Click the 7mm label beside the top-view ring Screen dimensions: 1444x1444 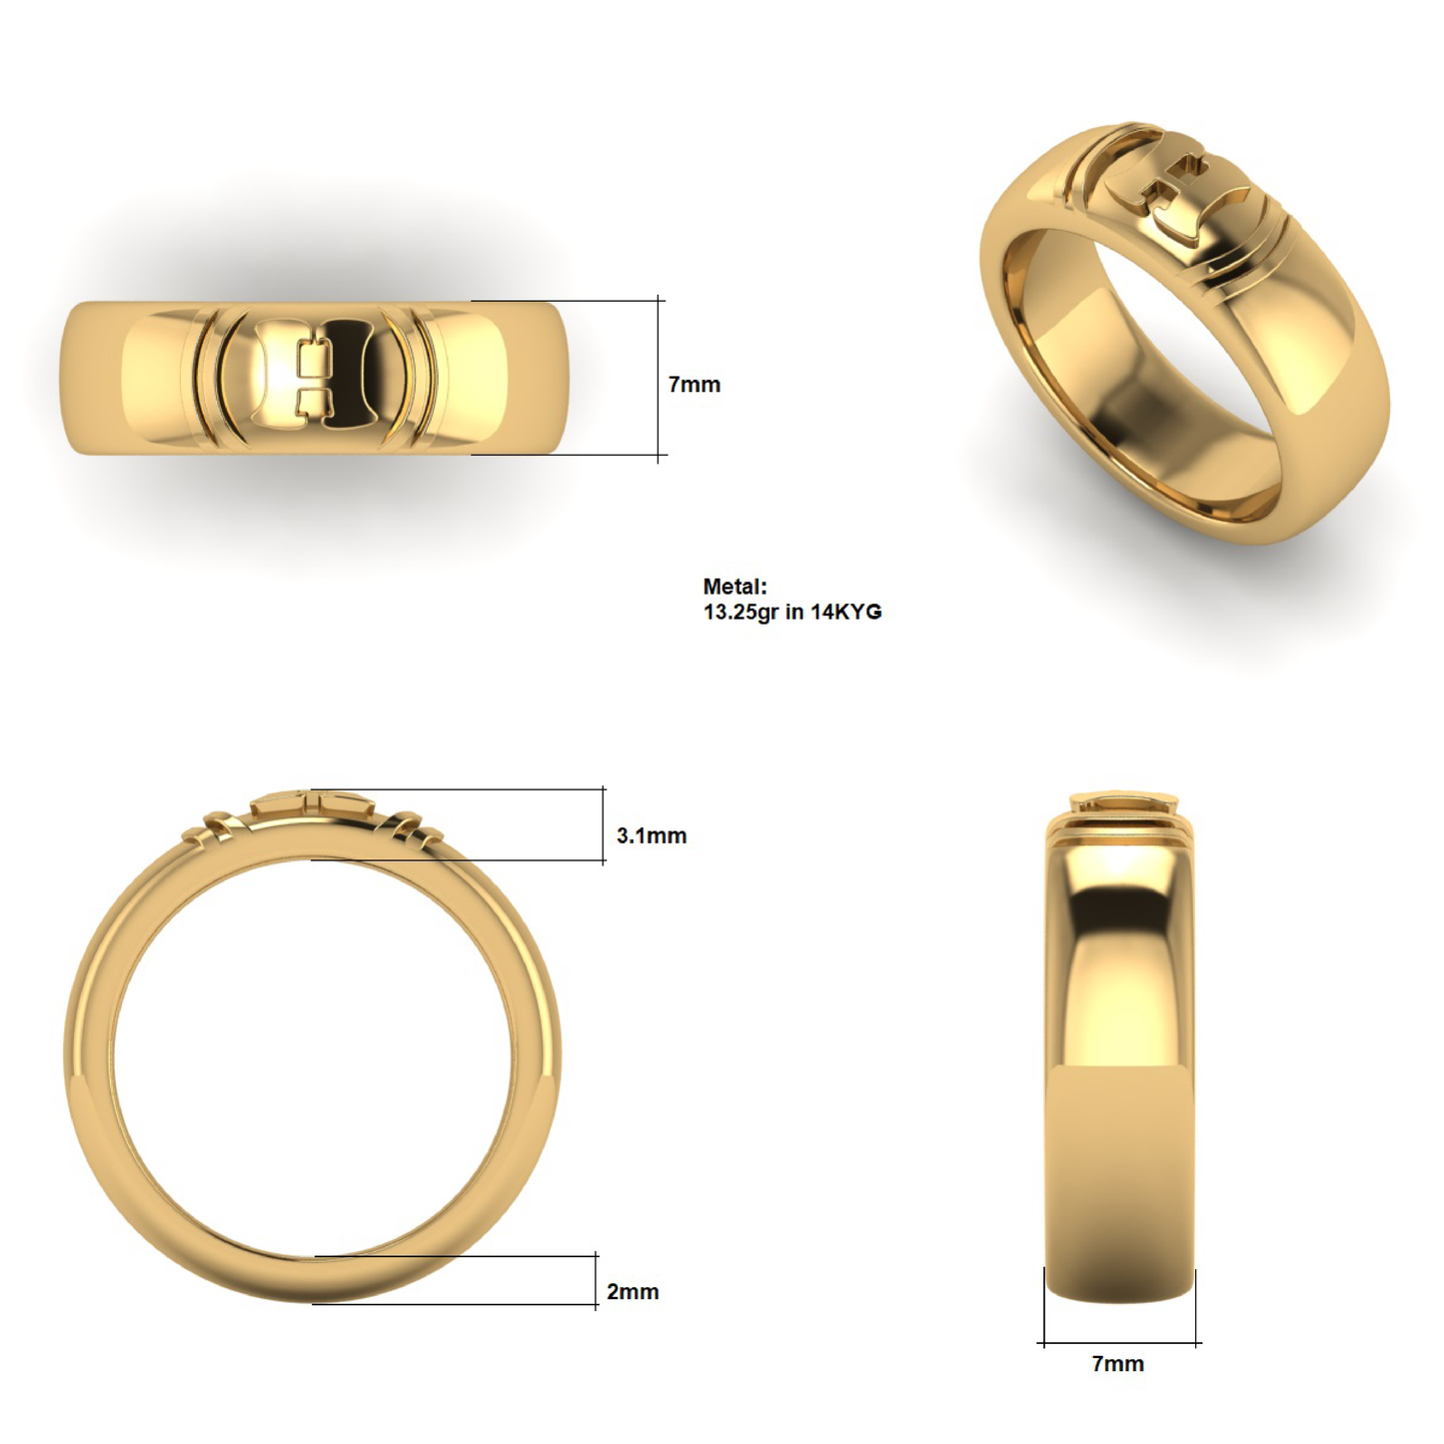point(694,385)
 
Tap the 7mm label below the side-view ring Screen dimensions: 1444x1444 point(1117,1364)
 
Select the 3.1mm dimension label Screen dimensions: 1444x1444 point(651,836)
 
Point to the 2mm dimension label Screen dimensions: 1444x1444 point(633,1292)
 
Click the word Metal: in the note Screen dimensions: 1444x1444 point(734,588)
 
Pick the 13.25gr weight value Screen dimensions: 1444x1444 point(740,613)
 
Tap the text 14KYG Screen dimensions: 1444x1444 point(845,613)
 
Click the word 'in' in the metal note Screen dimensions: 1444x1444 point(793,613)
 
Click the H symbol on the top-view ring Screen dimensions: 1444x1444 point(314,378)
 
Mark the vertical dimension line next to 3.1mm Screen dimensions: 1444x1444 point(604,824)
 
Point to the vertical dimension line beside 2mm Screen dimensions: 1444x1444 point(597,1280)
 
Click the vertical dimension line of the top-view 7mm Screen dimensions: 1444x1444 point(660,378)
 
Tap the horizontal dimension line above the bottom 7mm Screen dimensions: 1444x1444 point(1119,1343)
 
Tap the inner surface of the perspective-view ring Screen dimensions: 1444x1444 point(1149,400)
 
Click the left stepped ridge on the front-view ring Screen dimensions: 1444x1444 point(215,828)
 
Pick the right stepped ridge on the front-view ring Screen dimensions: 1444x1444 point(410,828)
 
